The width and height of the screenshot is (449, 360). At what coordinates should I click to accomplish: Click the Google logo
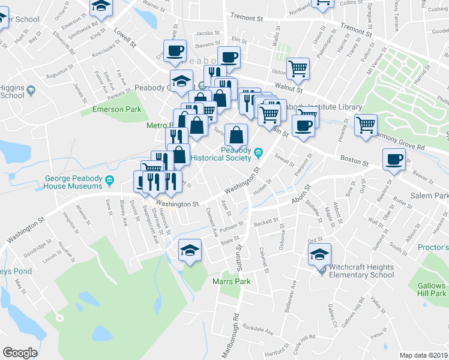click(20, 353)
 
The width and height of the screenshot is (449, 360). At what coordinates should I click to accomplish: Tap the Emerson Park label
click(116, 109)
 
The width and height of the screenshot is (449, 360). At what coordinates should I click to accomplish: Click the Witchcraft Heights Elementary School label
click(357, 271)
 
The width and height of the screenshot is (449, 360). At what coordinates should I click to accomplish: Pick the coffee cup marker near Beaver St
click(394, 159)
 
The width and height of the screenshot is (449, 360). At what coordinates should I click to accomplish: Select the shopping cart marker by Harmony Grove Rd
click(366, 125)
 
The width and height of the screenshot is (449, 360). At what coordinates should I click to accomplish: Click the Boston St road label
click(354, 161)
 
